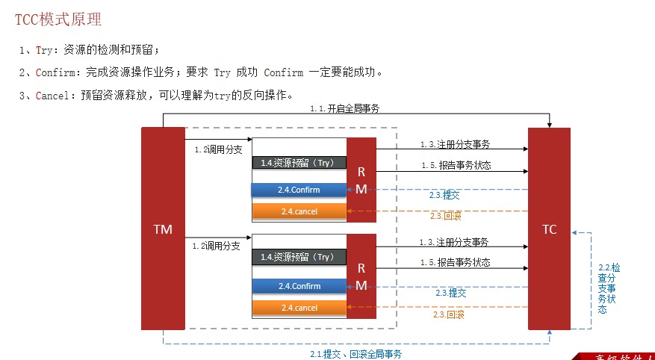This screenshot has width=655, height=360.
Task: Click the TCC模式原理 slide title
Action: pyautogui.click(x=58, y=19)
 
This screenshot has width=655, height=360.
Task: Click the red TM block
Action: pyautogui.click(x=163, y=229)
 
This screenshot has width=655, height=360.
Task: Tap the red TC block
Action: pyautogui.click(x=549, y=229)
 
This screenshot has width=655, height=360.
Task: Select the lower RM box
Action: pyautogui.click(x=361, y=276)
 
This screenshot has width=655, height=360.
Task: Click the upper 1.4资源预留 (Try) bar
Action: pyautogui.click(x=299, y=162)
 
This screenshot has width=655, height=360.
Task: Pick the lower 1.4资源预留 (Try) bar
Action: pyautogui.click(x=299, y=257)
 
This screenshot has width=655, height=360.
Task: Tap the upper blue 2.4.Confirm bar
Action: pyautogui.click(x=299, y=190)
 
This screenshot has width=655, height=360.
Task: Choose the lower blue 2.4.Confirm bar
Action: pyautogui.click(x=299, y=286)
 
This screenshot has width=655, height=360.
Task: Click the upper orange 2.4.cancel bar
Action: pyautogui.click(x=299, y=211)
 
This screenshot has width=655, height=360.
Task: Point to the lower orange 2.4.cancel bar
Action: pyautogui.click(x=299, y=308)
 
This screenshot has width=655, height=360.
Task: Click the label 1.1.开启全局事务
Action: pyautogui.click(x=345, y=108)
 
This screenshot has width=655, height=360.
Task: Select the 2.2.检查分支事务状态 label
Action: pyautogui.click(x=608, y=288)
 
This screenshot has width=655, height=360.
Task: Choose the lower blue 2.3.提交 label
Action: pyautogui.click(x=451, y=293)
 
